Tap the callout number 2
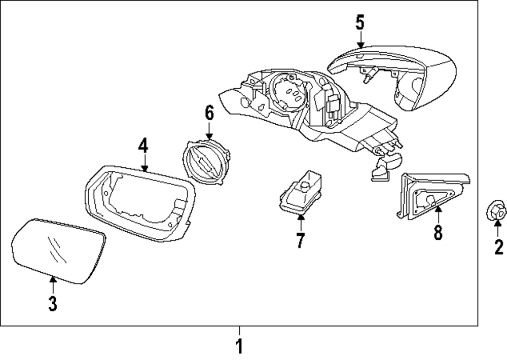pyautogui.click(x=499, y=247)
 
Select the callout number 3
pyautogui.click(x=52, y=303)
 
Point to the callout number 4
pyautogui.click(x=143, y=146)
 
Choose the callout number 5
pyautogui.click(x=359, y=22)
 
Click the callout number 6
pyautogui.click(x=209, y=113)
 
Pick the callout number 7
pyautogui.click(x=300, y=240)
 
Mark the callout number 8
pyautogui.click(x=438, y=232)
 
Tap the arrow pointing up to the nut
pyautogui.click(x=498, y=230)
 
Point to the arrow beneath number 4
pyautogui.click(x=144, y=163)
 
